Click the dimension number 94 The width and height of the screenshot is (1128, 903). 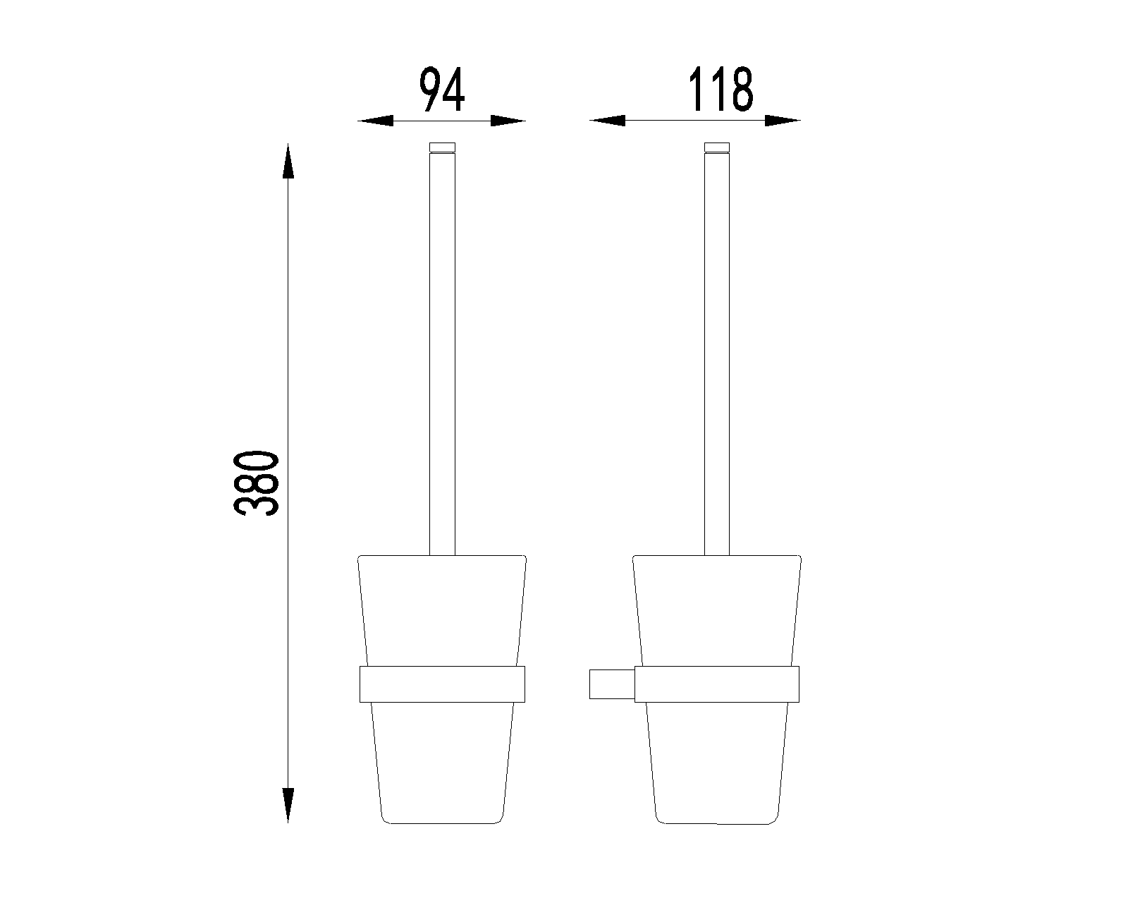[442, 90]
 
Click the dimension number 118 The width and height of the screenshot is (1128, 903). [721, 90]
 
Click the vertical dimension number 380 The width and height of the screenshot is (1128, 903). [255, 483]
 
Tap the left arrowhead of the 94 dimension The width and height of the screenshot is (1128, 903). [375, 121]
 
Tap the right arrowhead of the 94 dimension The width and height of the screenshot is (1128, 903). [508, 121]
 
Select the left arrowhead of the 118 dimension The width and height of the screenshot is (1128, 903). [607, 121]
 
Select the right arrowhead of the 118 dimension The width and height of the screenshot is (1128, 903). [783, 121]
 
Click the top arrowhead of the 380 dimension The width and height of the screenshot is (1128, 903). [288, 161]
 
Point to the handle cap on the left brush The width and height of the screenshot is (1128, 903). [443, 147]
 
